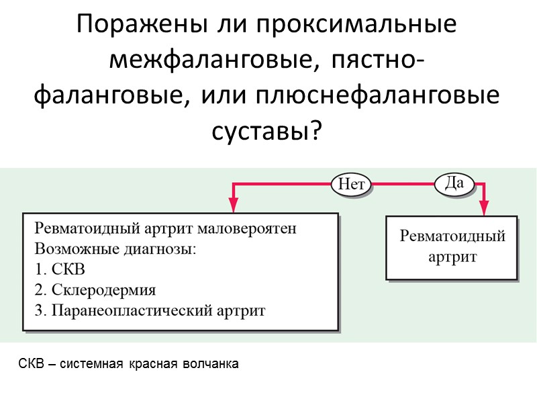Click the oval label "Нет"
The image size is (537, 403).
(350, 183)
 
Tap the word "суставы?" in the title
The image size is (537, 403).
(267, 132)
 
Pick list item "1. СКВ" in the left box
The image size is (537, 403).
(60, 270)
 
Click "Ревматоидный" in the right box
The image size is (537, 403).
(452, 237)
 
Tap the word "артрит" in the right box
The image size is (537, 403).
(452, 257)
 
